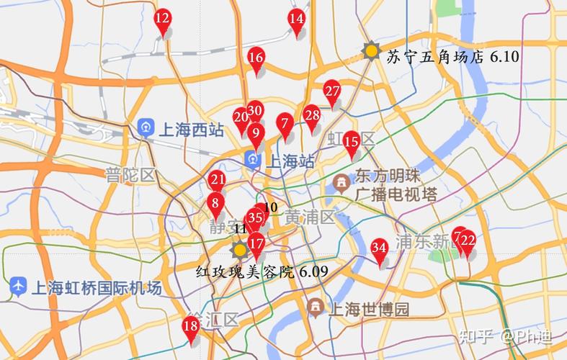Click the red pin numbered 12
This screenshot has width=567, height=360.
point(163,19)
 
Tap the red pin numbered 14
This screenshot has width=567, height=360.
point(296,19)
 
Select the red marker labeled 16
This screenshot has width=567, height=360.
point(256,58)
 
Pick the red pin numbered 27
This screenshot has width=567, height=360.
point(331,91)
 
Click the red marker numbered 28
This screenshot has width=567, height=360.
point(311,115)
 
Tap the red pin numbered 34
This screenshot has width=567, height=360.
point(380,248)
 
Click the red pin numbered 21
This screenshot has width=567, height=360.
point(217,181)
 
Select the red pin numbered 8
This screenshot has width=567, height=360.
point(215,204)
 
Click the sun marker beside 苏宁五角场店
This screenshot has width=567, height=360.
point(371,50)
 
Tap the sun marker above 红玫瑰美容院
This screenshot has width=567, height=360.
point(238,250)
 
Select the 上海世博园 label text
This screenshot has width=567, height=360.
point(368,310)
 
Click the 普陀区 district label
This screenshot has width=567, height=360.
point(130,174)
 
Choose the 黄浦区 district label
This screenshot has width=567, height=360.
point(310,217)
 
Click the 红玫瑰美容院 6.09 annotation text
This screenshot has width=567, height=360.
point(262,271)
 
